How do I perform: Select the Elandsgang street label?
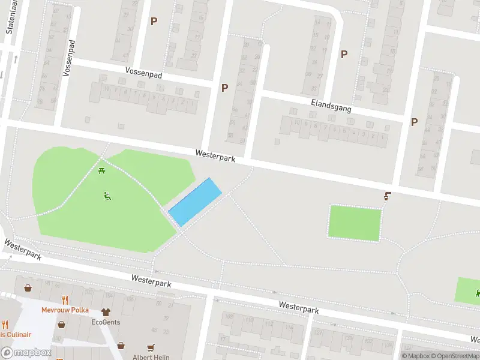[x=331, y=106]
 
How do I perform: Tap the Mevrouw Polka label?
[x=65, y=310]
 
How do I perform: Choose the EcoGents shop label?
[x=106, y=322]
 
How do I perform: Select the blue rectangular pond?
[x=195, y=202]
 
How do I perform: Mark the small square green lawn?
[x=355, y=223]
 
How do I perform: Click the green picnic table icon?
[x=102, y=172]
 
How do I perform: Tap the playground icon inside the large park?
[x=107, y=196]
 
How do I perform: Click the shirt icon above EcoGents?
[x=106, y=312]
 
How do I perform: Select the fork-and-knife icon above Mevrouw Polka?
[x=65, y=300]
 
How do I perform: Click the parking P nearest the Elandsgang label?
[x=344, y=54]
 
